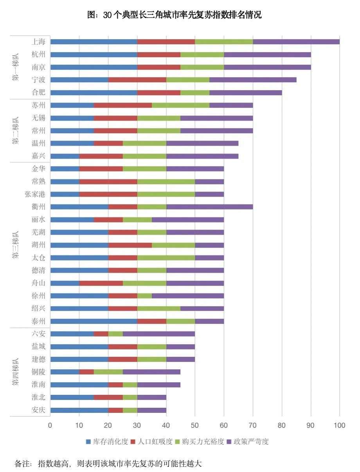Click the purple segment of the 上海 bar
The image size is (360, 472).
pos(296,42)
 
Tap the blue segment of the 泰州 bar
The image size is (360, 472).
pos(94,321)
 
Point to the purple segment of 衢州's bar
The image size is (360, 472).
pos(209,207)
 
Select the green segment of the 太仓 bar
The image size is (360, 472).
pos(166,258)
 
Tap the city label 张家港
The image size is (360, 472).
pos(35,194)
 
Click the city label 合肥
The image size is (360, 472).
pos(38,92)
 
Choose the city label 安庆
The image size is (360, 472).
pos(38,410)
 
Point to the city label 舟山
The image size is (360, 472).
pos(38,283)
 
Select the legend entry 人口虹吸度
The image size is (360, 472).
pos(155,442)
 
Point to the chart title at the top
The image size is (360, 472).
pos(174,15)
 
